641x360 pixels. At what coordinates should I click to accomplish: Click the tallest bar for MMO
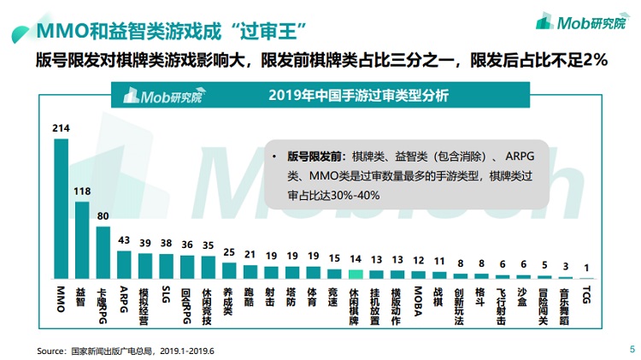point(61,205)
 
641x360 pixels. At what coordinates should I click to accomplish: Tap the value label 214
point(61,128)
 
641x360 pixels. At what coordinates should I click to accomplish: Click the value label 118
point(82,192)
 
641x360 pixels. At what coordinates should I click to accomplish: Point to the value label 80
point(103,216)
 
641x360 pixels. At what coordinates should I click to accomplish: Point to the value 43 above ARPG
point(124,241)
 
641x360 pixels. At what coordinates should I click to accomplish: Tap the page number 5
point(631,349)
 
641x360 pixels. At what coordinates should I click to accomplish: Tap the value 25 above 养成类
point(228,252)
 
